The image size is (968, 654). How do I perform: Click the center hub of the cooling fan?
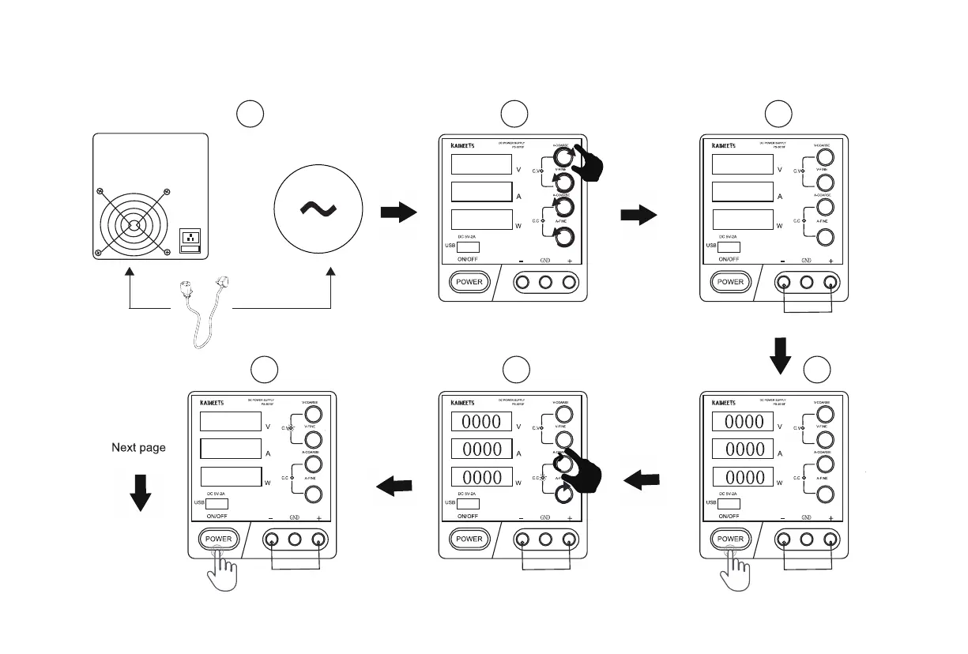(x=133, y=224)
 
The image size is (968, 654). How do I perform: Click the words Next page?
(x=138, y=448)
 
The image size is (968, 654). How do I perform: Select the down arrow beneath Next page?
(x=140, y=493)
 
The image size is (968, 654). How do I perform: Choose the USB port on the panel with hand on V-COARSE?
(x=469, y=247)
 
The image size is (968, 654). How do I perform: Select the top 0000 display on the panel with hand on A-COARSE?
(x=481, y=422)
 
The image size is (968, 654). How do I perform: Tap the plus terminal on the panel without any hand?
(x=831, y=282)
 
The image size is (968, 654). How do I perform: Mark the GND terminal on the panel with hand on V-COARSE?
(x=545, y=282)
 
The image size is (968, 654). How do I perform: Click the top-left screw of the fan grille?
(x=99, y=191)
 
